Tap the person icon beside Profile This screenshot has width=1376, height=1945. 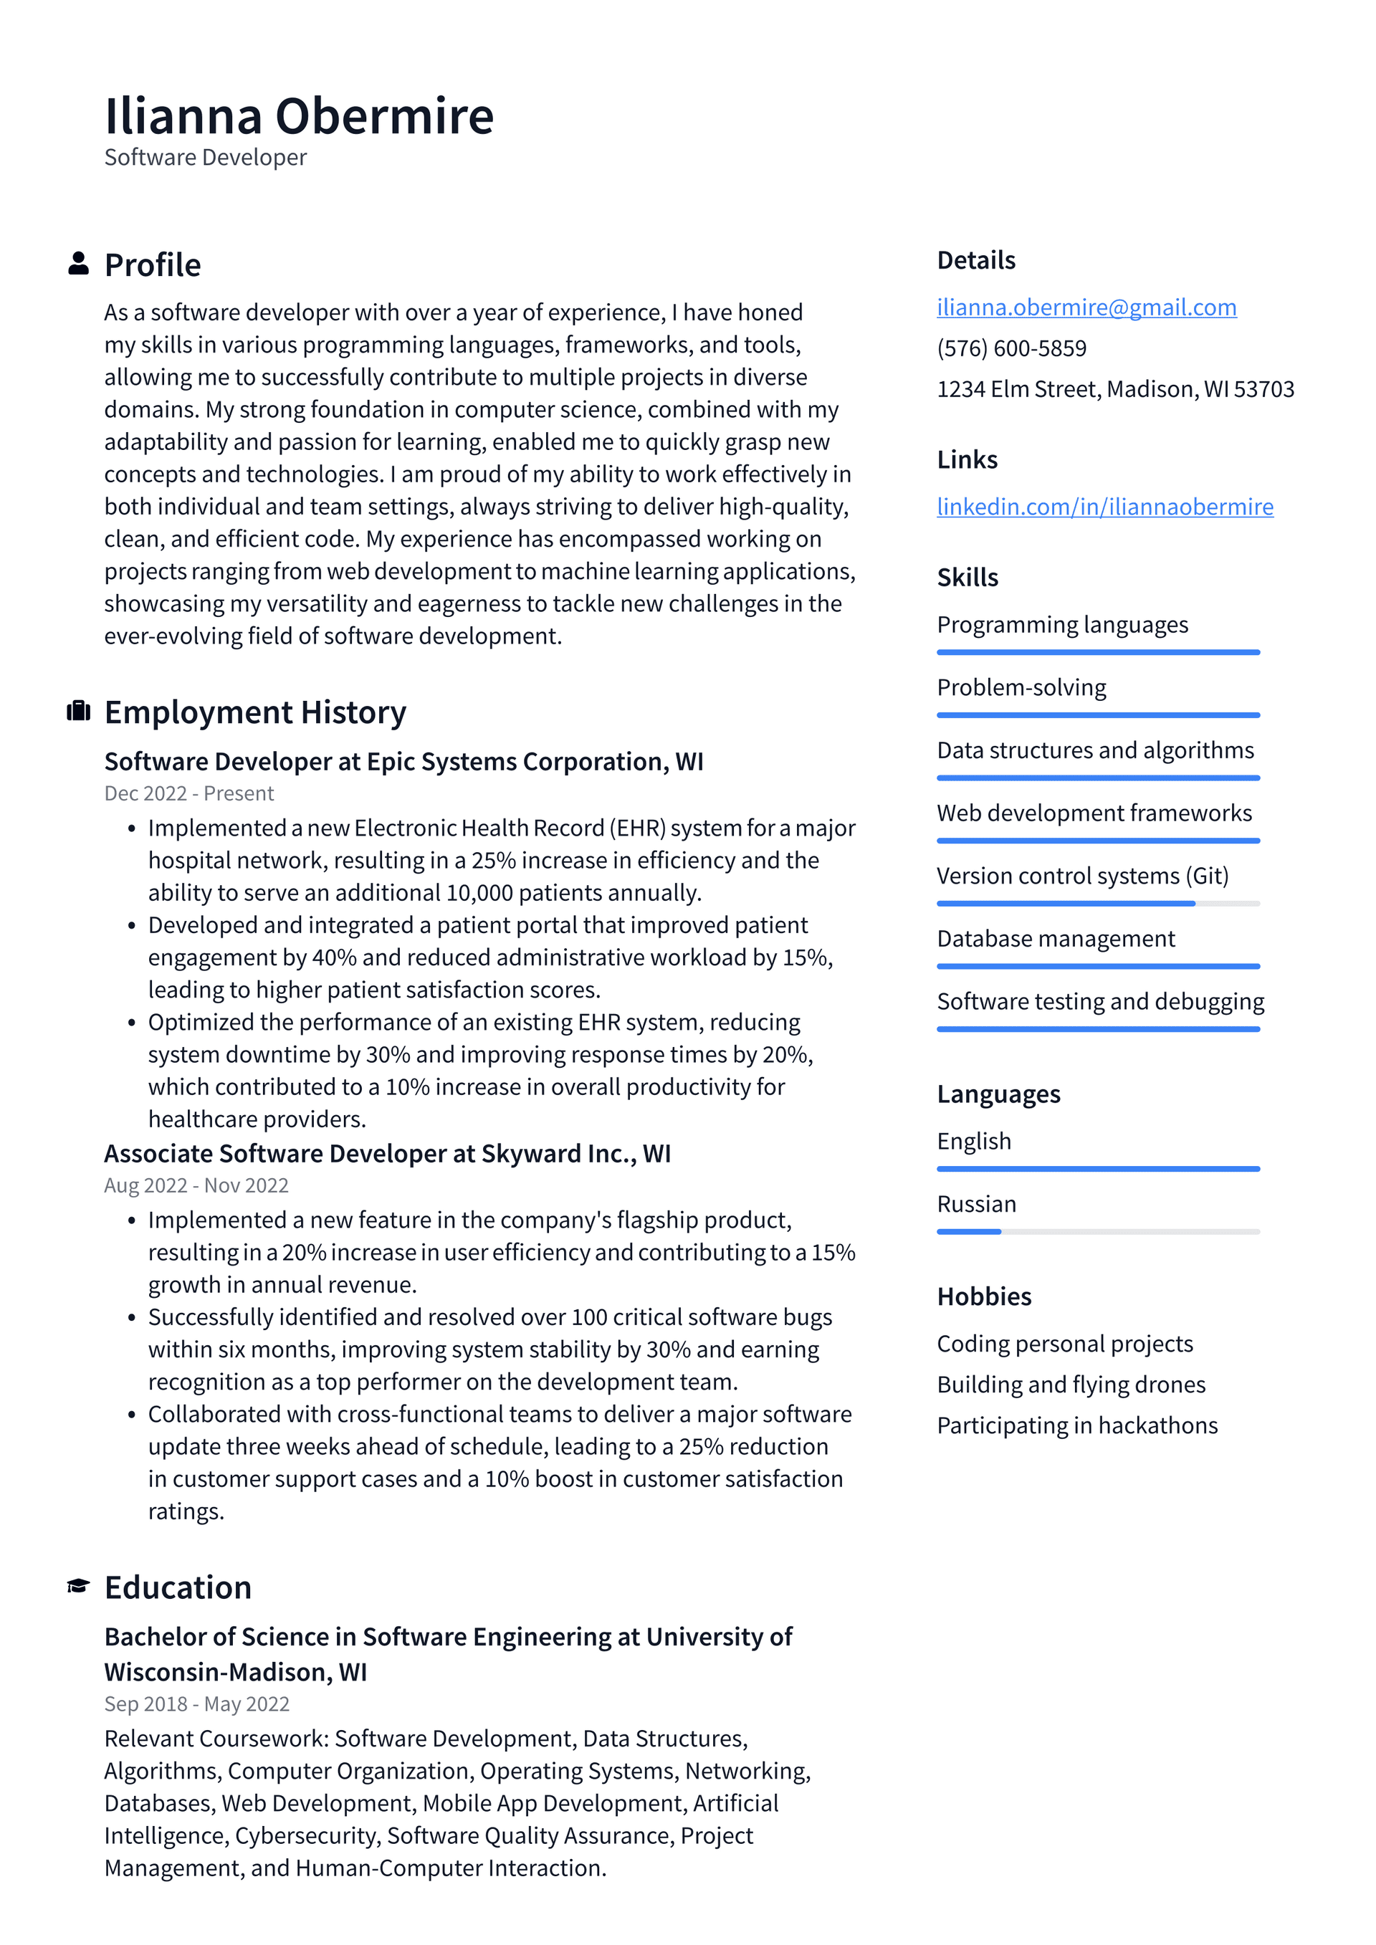click(79, 264)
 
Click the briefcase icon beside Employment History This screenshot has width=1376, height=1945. click(79, 711)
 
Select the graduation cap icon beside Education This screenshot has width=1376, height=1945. click(79, 1586)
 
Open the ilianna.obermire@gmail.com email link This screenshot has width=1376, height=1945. click(1086, 307)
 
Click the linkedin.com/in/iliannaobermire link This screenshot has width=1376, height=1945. click(1104, 507)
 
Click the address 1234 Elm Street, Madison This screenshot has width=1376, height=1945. click(1115, 389)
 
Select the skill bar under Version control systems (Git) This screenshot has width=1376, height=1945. click(1098, 904)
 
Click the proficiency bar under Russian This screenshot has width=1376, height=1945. click(1098, 1232)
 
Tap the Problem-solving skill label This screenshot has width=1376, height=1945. click(1021, 687)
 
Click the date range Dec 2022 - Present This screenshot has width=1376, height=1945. click(189, 794)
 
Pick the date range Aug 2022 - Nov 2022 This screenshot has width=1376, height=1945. click(196, 1185)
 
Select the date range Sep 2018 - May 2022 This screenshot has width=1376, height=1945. click(196, 1703)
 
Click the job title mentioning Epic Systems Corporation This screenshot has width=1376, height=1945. click(403, 762)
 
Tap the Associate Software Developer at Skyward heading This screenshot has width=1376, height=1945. click(387, 1154)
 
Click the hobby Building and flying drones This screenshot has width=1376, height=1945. click(1071, 1384)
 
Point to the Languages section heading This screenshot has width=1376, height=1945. click(998, 1094)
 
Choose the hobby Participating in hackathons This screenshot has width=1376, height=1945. click(1077, 1425)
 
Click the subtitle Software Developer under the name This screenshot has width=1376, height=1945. click(205, 158)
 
